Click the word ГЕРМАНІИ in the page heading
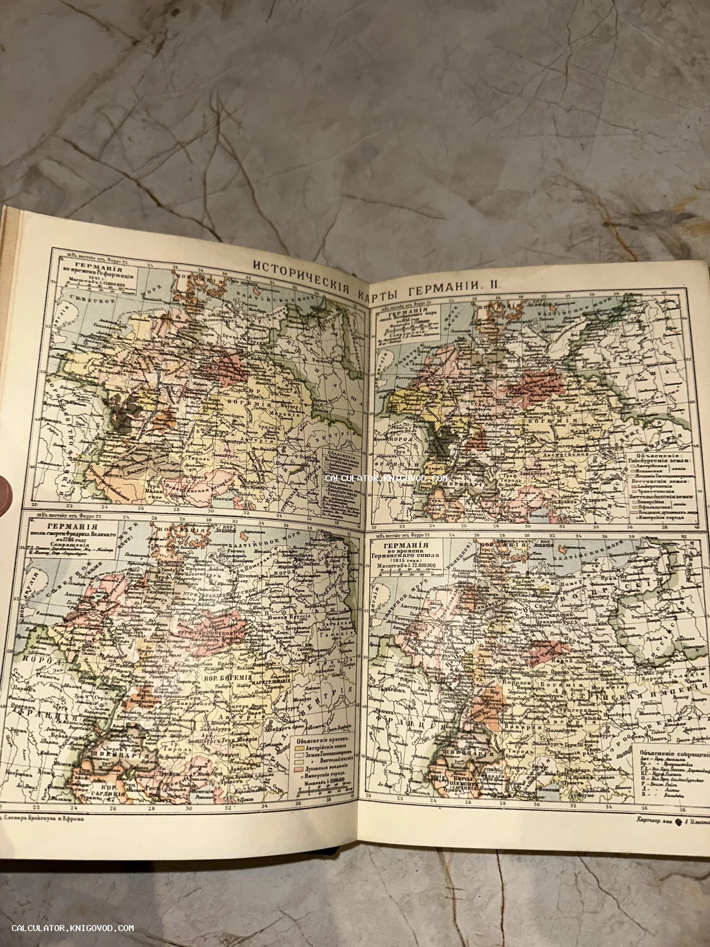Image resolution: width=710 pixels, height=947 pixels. point(438,284)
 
